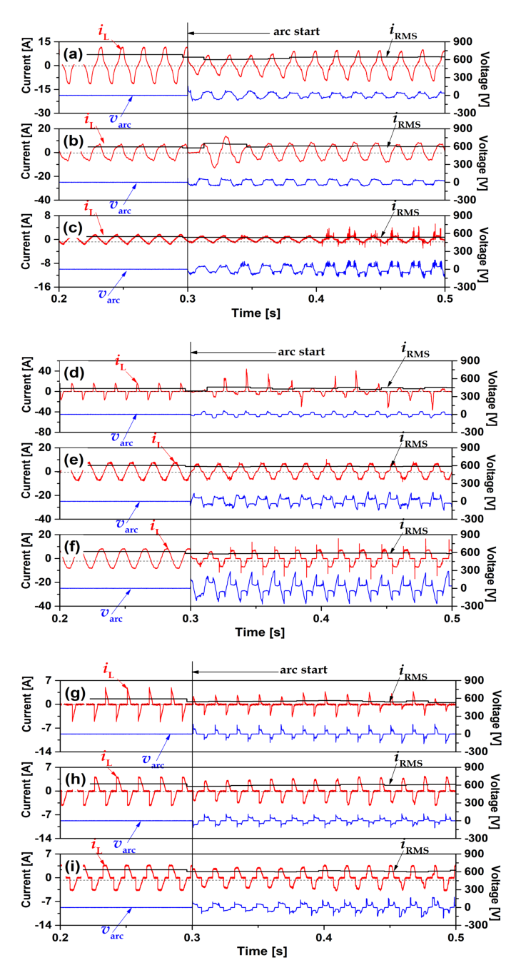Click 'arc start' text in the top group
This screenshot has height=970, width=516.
click(296, 32)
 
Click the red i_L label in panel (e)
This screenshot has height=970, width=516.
click(156, 440)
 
